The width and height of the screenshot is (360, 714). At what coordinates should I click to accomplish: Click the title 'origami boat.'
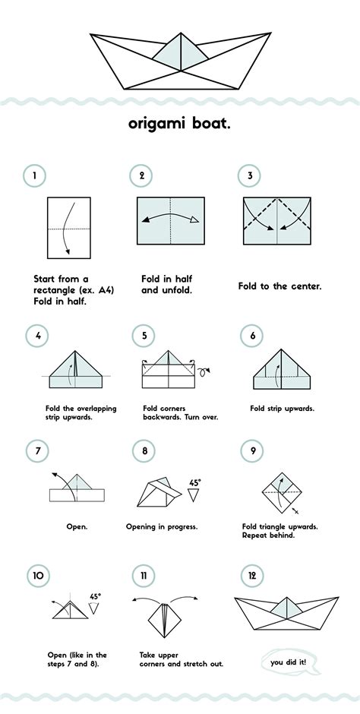[x=179, y=124]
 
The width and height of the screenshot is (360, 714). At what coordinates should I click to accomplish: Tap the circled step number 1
[x=35, y=175]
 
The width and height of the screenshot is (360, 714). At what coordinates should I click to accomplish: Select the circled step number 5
[x=144, y=336]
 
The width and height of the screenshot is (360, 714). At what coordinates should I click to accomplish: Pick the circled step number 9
[x=252, y=451]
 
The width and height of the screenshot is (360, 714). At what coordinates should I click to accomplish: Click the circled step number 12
[x=252, y=576]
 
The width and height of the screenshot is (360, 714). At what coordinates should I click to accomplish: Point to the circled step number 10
[x=38, y=576]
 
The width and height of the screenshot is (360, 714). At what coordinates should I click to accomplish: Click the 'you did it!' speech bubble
[x=291, y=662]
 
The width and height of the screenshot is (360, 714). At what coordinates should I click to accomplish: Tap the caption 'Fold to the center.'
[x=279, y=287]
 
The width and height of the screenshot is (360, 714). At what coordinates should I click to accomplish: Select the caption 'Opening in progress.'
[x=162, y=527]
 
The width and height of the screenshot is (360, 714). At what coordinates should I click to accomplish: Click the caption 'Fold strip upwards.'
[x=283, y=409]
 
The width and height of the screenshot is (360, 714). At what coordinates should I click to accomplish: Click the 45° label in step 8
[x=194, y=482]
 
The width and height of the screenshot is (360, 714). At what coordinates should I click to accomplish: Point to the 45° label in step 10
[x=95, y=596]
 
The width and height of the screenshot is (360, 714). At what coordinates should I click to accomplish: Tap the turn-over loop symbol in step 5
[x=204, y=371]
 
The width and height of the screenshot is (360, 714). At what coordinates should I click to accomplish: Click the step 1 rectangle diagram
[x=69, y=228]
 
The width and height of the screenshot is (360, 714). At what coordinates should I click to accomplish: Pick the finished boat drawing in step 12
[x=287, y=613]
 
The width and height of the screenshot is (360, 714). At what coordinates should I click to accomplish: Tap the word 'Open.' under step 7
[x=77, y=527]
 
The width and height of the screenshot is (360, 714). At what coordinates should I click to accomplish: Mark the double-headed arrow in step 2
[x=171, y=215]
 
